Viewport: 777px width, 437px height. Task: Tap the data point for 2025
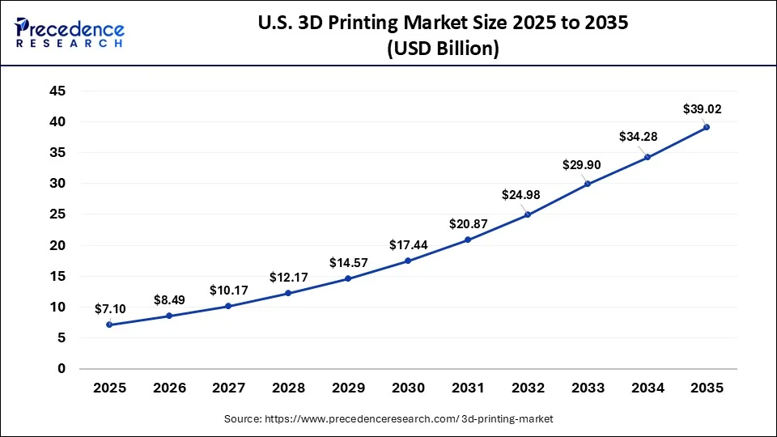click(109, 325)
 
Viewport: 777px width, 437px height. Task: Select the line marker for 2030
click(408, 261)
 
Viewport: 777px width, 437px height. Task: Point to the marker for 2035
click(707, 127)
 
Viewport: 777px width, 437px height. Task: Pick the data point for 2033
click(587, 184)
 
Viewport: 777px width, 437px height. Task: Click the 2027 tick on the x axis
click(228, 388)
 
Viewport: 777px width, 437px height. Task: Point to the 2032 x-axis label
click(527, 388)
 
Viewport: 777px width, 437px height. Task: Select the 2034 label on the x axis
click(647, 388)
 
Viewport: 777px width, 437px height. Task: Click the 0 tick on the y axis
click(62, 369)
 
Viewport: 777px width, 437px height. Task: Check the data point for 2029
click(348, 278)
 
